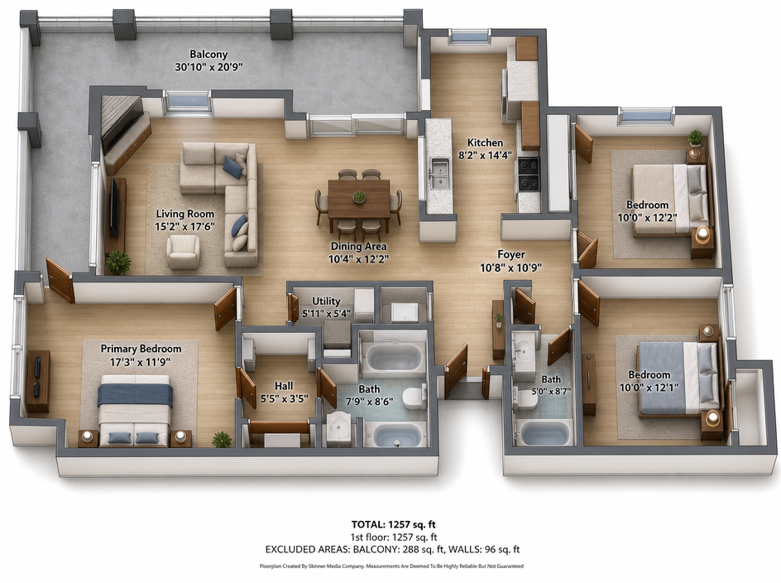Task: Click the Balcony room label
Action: (x=208, y=54)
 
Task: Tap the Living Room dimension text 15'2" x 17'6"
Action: (x=184, y=226)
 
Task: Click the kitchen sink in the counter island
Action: (x=438, y=174)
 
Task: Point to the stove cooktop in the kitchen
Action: (x=528, y=174)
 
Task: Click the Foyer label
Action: (x=511, y=255)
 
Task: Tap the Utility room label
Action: (x=326, y=301)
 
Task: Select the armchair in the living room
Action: (x=183, y=252)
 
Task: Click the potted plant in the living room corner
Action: (x=118, y=263)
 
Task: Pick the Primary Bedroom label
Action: (x=141, y=349)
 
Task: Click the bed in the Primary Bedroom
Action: (x=135, y=410)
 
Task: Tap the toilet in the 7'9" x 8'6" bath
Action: (x=414, y=397)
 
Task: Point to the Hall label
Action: (x=284, y=386)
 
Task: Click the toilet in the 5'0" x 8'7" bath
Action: (x=525, y=399)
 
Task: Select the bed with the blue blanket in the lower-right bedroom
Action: (x=678, y=378)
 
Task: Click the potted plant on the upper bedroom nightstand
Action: (x=696, y=137)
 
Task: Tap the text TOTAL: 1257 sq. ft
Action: (x=394, y=524)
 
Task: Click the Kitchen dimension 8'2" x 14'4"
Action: (x=485, y=155)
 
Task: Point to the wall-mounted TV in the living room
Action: (x=114, y=208)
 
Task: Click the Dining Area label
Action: (x=358, y=246)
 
